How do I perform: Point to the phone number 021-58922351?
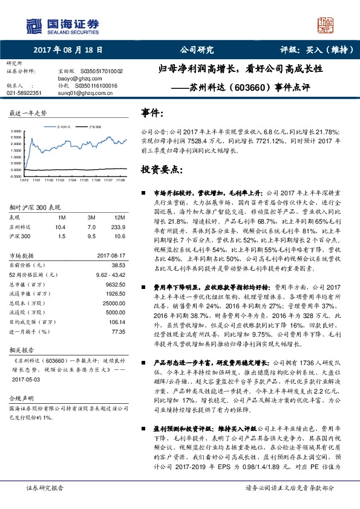[24, 93]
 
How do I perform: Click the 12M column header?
[119, 216]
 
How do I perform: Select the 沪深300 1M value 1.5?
[61, 236]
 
